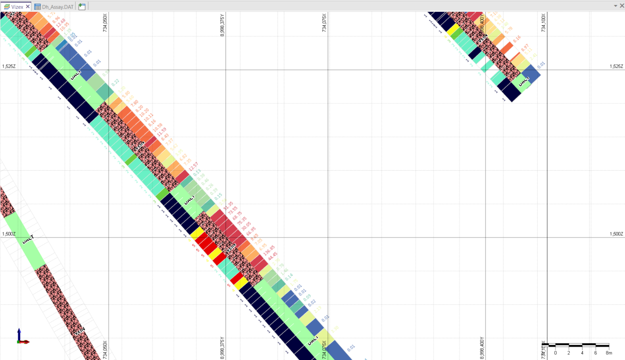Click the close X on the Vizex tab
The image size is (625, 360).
pyautogui.click(x=28, y=7)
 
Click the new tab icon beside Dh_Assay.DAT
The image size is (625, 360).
pyautogui.click(x=82, y=7)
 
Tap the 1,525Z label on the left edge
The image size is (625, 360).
pyautogui.click(x=9, y=66)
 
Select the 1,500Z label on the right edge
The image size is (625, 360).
pyautogui.click(x=616, y=234)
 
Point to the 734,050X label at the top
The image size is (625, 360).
pyautogui.click(x=105, y=22)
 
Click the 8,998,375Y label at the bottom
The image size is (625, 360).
pyautogui.click(x=223, y=348)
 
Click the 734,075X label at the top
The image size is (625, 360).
pyautogui.click(x=324, y=22)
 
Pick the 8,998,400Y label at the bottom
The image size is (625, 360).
pyautogui.click(x=482, y=348)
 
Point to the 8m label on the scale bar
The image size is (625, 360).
pyautogui.click(x=609, y=353)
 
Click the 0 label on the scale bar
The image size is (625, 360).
pyautogui.click(x=555, y=353)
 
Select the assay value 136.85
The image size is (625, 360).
pyautogui.click(x=269, y=250)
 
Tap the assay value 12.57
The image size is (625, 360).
pyautogui.click(x=193, y=166)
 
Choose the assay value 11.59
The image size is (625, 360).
pyautogui.click(x=161, y=132)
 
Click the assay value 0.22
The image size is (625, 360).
pyautogui.click(x=115, y=82)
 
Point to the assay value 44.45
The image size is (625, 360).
pyautogui.click(x=273, y=256)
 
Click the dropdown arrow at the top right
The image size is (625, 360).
pyautogui.click(x=615, y=6)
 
